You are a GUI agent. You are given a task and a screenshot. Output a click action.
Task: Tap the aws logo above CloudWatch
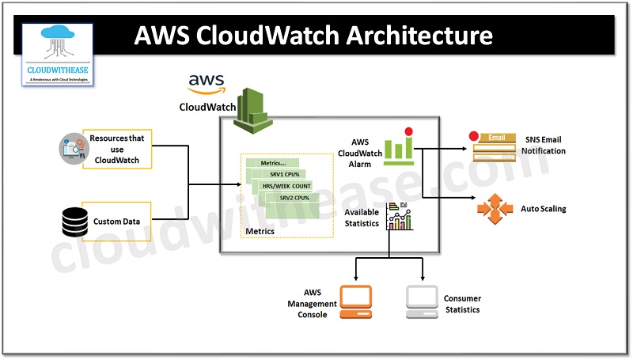point(207,83)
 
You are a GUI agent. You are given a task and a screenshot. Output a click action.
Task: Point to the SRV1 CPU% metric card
point(282,174)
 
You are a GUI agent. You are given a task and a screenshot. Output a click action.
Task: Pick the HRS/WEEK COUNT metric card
point(286,187)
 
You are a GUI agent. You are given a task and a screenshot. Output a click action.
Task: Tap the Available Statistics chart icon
point(400,216)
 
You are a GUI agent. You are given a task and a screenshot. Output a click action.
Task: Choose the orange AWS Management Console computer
point(355,301)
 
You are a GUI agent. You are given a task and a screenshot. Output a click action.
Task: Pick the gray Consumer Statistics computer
point(423,301)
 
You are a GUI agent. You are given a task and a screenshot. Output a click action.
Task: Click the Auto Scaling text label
point(543,210)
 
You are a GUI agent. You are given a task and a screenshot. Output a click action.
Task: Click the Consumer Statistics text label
point(462,304)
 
